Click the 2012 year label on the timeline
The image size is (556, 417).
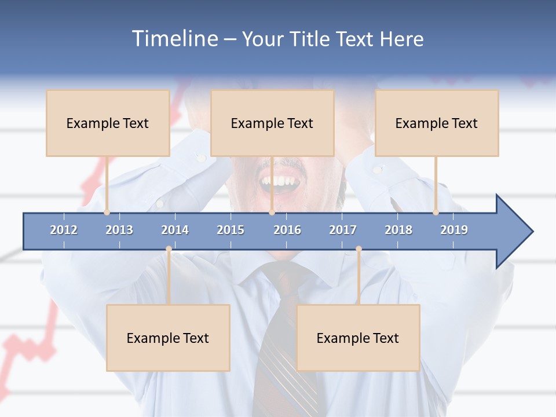[64, 230]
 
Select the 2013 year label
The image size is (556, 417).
[119, 230]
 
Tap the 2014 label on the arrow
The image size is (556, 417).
[175, 230]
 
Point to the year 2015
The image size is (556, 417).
[231, 230]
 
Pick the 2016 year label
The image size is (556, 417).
[287, 230]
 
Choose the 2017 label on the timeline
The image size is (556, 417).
[343, 230]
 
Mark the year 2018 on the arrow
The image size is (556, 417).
[398, 230]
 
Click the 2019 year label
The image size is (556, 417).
[454, 230]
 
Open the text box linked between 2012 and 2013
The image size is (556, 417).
[108, 123]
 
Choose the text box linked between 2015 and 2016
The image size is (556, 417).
[272, 123]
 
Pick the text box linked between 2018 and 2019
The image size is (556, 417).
[437, 123]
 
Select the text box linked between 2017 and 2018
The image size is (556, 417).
[358, 338]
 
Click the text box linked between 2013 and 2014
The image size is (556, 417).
[168, 338]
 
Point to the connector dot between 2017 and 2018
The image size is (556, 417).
[359, 249]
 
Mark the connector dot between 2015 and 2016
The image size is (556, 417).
[272, 213]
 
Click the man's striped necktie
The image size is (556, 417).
[284, 348]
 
